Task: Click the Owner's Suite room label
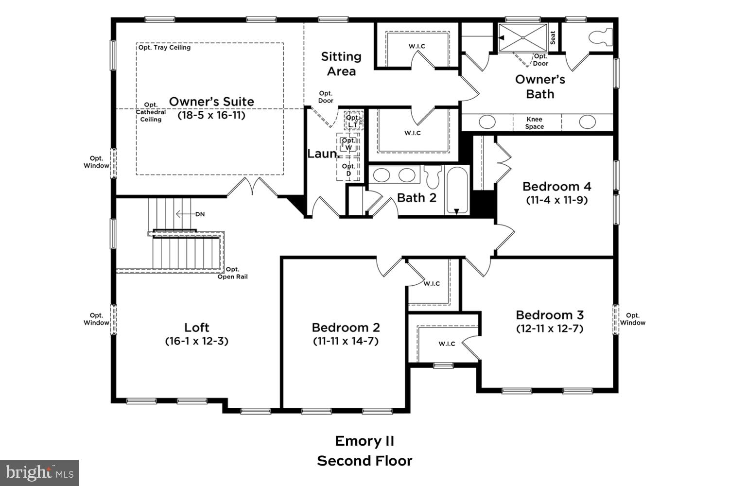211,102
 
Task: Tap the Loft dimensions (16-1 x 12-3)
197,341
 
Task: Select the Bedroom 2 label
346,328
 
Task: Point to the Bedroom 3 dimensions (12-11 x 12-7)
550,329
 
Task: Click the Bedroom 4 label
557,187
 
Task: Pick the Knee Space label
535,123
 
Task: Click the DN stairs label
200,214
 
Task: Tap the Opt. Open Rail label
232,273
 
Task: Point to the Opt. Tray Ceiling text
164,48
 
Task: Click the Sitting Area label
341,64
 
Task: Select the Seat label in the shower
553,38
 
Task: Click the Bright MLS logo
39,472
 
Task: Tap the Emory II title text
364,441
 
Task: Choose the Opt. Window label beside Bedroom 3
633,319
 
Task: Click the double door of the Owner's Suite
252,187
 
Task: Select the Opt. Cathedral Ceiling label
151,112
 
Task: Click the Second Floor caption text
364,461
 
